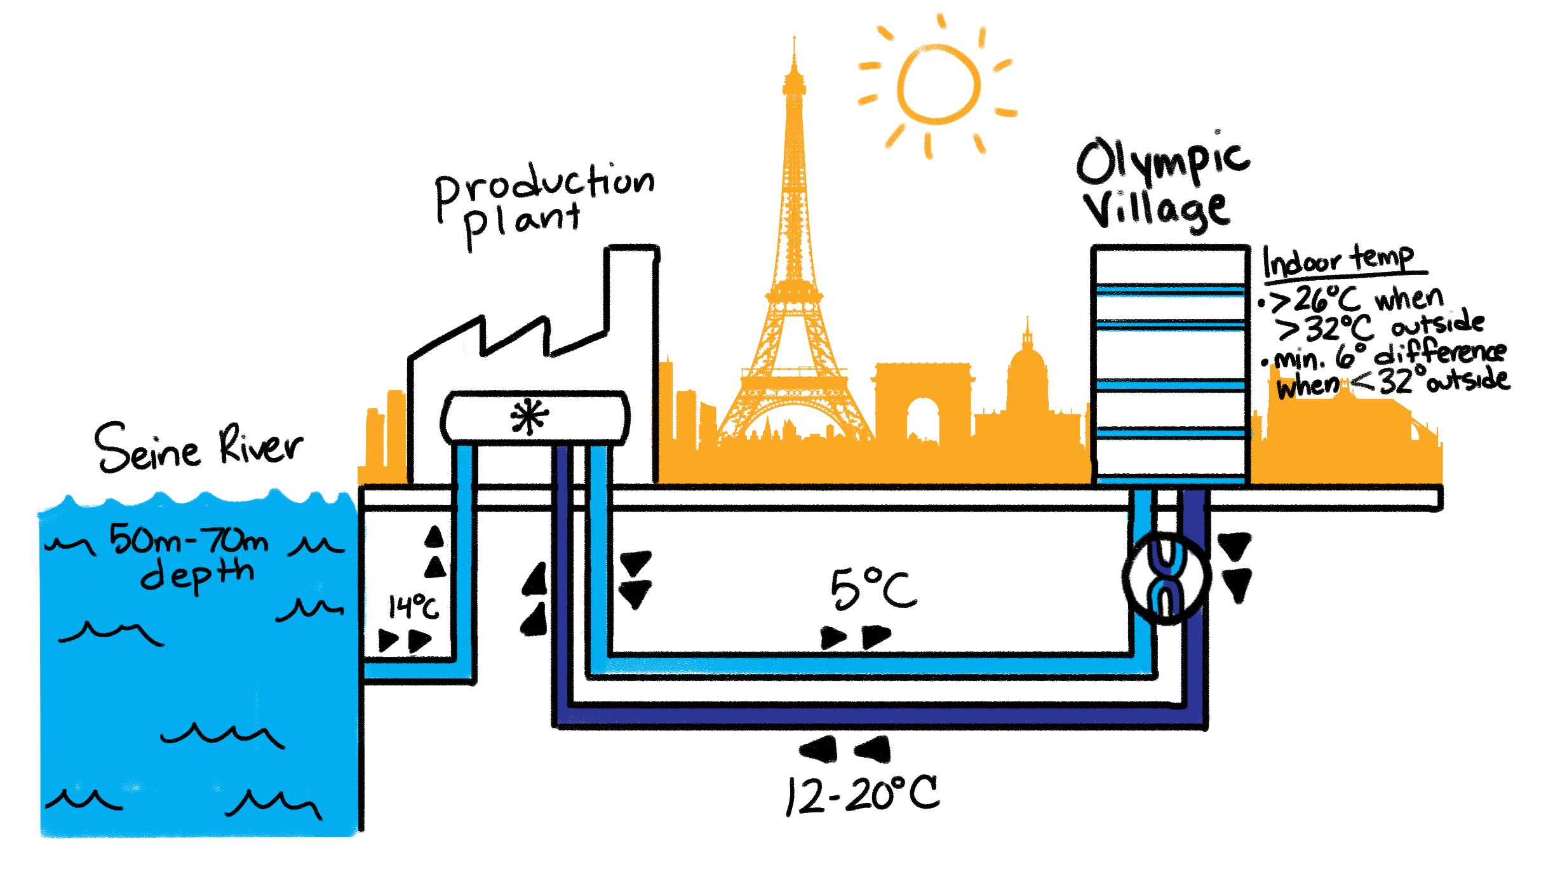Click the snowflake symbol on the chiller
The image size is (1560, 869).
529,417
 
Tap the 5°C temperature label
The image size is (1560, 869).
873,589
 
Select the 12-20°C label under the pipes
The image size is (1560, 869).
862,795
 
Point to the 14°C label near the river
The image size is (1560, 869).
413,607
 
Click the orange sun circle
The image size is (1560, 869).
938,84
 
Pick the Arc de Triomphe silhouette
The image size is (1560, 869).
922,400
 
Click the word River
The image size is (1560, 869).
260,445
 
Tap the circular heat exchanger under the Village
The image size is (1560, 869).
1166,578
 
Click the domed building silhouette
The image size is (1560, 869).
1027,381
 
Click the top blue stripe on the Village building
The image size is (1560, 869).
1170,291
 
